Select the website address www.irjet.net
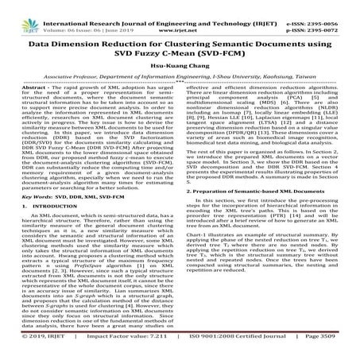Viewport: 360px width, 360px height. (180, 14)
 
